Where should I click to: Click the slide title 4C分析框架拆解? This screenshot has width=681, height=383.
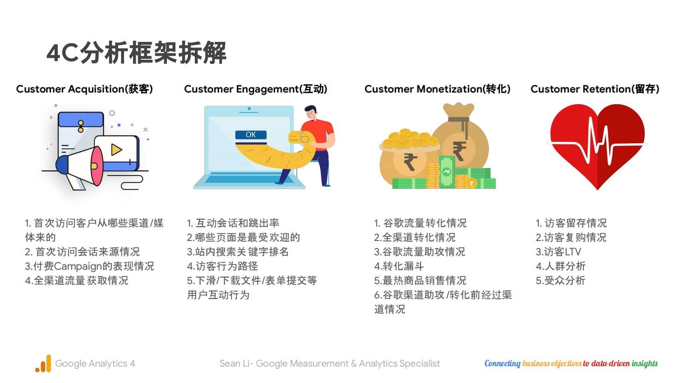(x=137, y=53)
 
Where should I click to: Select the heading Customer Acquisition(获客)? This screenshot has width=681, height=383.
(x=85, y=89)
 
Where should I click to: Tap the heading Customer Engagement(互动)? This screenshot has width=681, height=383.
(x=256, y=89)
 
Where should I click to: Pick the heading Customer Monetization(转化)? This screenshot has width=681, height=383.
(x=437, y=89)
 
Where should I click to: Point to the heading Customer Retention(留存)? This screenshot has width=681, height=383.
(x=595, y=89)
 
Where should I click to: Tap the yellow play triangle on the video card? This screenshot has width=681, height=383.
(x=116, y=150)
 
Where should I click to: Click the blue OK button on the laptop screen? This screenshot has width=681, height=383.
(x=251, y=135)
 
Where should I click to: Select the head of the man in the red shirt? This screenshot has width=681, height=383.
(x=311, y=113)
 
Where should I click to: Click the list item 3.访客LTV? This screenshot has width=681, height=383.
(x=558, y=252)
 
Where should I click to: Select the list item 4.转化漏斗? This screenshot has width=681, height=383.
(x=399, y=266)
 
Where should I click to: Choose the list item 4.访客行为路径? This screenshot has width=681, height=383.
(x=222, y=266)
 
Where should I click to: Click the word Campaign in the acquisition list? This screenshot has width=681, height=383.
(x=77, y=267)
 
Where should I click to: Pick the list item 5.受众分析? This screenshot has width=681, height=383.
(x=560, y=280)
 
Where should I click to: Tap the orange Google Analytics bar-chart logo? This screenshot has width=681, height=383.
(x=43, y=363)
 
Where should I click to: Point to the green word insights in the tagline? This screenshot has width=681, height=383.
(x=645, y=363)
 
